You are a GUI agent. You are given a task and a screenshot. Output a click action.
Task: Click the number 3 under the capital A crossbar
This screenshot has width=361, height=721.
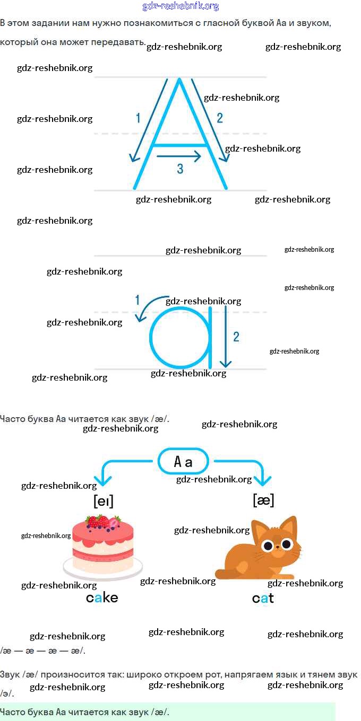click(180, 169)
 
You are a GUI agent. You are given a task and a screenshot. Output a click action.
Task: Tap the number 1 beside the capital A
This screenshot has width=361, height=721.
click(138, 118)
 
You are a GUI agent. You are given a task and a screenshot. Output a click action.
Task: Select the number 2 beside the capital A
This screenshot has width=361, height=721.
click(220, 118)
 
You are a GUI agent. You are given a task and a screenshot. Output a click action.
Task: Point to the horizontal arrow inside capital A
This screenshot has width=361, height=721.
click(179, 156)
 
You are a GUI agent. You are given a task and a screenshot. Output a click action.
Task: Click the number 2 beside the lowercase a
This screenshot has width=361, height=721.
click(236, 336)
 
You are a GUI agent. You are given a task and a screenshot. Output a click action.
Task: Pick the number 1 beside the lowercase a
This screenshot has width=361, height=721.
click(137, 301)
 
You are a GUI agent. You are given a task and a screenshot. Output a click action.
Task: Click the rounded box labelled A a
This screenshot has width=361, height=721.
click(183, 462)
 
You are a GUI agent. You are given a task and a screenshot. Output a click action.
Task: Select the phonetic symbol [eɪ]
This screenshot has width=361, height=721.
click(104, 501)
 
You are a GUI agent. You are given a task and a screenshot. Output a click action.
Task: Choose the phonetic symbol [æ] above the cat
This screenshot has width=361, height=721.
click(263, 500)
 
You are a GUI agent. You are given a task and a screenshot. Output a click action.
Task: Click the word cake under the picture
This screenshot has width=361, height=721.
click(102, 598)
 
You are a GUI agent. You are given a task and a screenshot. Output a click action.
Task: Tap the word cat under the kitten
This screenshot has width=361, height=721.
click(263, 599)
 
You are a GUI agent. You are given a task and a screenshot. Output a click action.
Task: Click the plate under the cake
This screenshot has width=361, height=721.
click(102, 570)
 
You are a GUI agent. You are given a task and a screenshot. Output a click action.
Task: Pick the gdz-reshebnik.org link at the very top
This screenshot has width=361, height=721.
click(180, 6)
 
